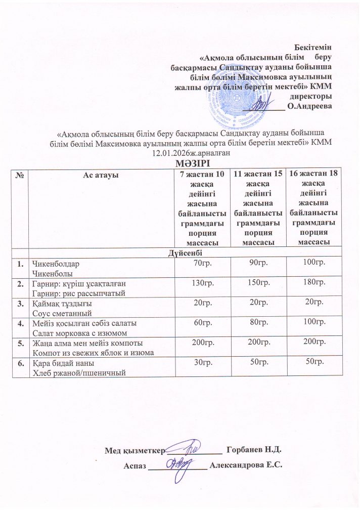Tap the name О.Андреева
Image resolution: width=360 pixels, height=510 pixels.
309,106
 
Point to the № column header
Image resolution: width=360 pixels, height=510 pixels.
21,175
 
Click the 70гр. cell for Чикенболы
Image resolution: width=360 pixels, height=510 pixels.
199,263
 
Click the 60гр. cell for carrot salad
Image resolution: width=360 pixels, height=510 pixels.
199,323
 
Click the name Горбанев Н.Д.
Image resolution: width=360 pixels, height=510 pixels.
254,450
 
